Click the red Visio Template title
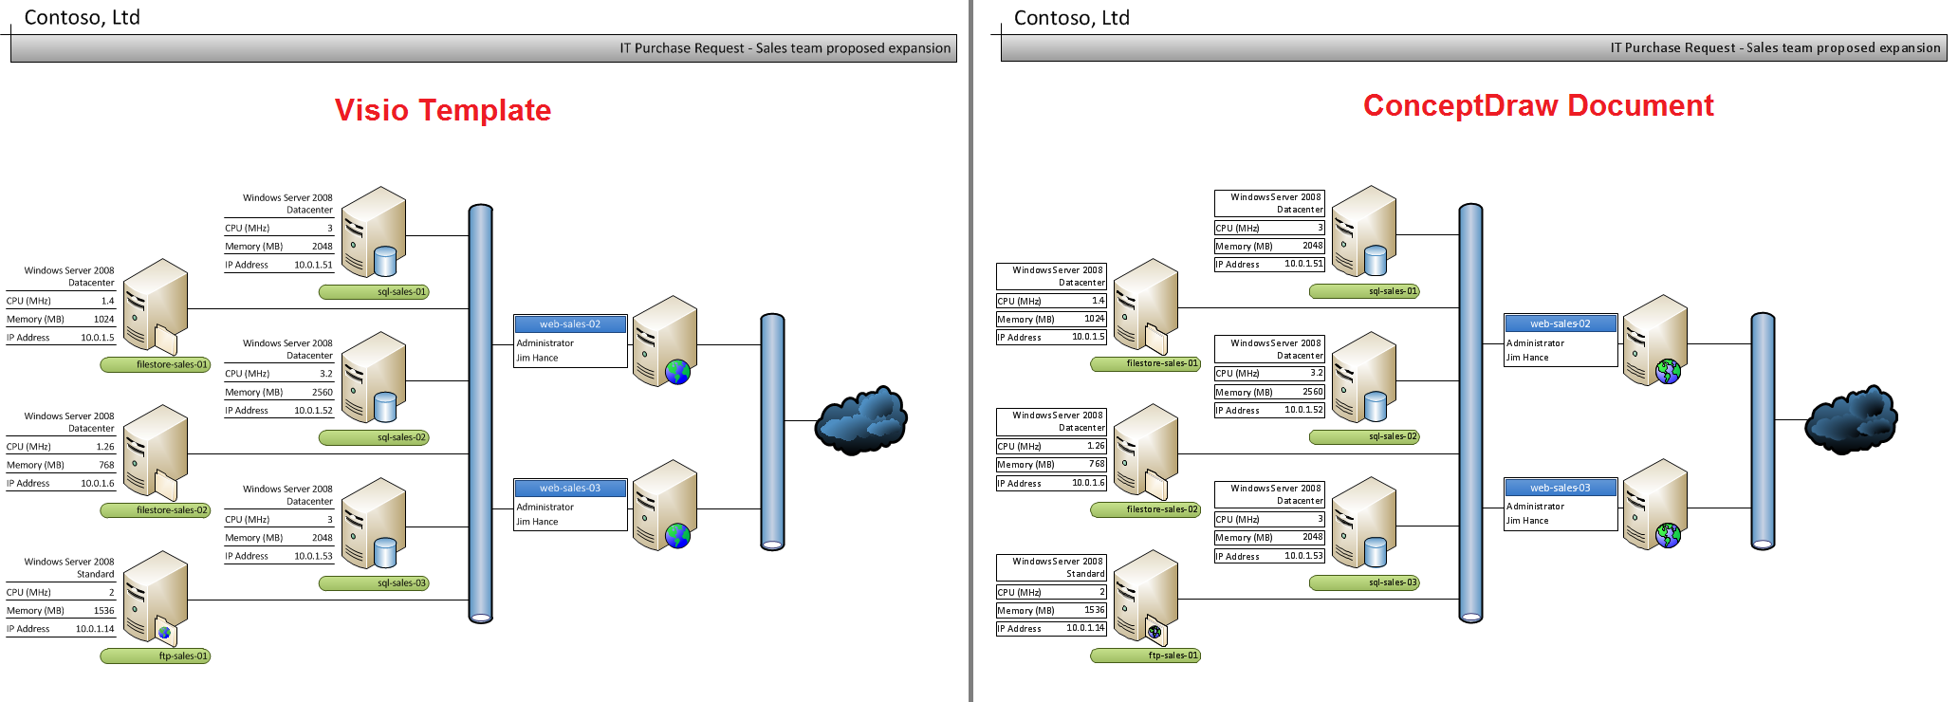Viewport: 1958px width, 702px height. pos(442,110)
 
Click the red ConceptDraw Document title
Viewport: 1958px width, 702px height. pos(1538,105)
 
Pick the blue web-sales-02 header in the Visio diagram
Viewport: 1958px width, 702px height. pos(570,324)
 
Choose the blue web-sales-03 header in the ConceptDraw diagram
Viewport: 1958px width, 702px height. pos(1561,488)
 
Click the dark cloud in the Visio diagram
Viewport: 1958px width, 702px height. pos(861,420)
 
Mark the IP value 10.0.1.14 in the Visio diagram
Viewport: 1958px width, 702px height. pos(95,629)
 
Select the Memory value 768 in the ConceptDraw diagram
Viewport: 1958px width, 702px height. pos(1097,464)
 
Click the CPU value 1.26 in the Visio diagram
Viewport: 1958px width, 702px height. pos(104,447)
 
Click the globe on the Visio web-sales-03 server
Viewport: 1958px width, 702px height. pos(677,536)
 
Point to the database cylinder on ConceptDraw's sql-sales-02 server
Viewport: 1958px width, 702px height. pos(1376,406)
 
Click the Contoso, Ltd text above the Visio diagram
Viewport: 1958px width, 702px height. pos(82,17)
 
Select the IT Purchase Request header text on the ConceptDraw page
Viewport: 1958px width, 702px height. pos(1775,47)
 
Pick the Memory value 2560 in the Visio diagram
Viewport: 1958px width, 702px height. pos(323,392)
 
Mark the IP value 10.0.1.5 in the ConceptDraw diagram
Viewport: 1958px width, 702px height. pos(1088,337)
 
